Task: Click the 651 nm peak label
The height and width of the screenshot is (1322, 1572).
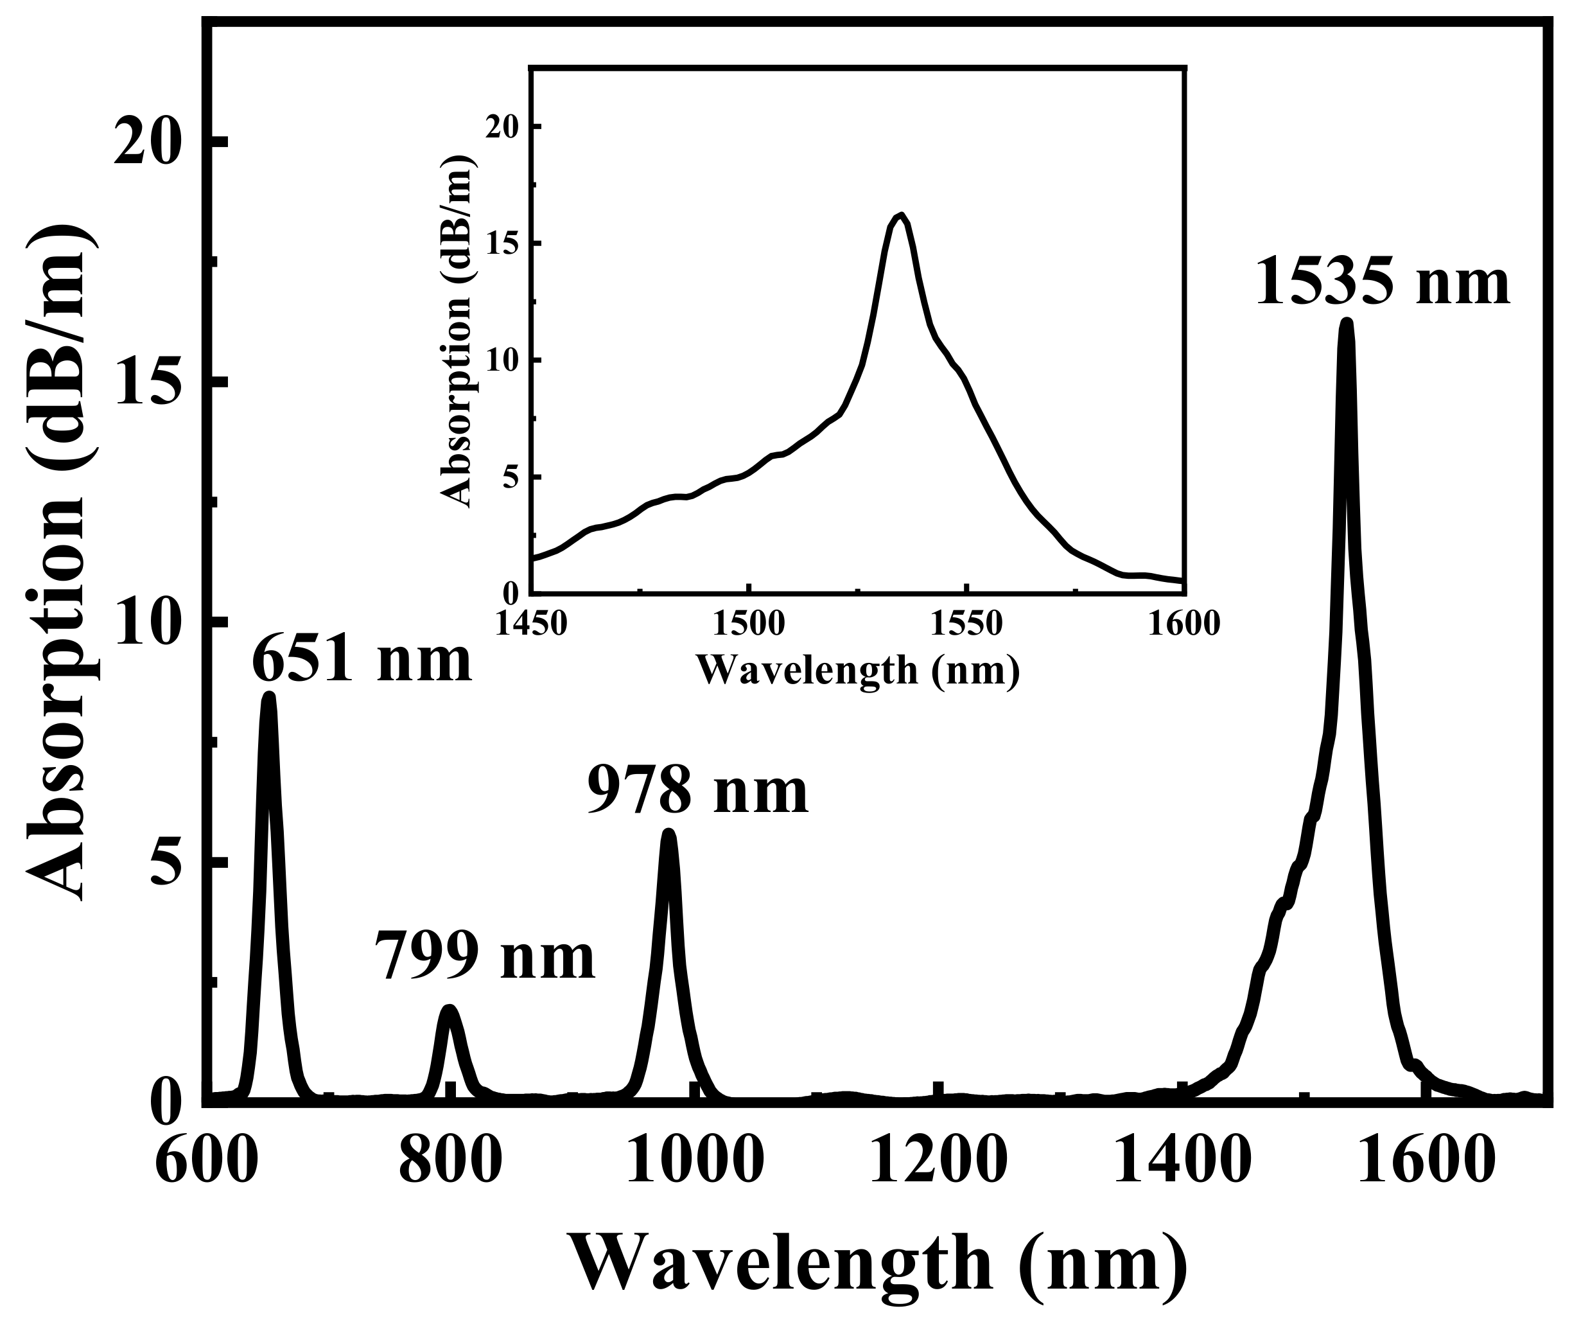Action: point(362,660)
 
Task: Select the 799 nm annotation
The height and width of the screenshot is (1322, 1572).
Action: point(485,957)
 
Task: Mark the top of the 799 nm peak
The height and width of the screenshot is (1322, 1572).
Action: point(449,1010)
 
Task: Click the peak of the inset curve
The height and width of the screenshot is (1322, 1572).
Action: point(901,215)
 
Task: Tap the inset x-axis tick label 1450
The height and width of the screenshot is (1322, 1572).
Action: point(531,624)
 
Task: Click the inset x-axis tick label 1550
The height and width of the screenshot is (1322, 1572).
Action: point(966,624)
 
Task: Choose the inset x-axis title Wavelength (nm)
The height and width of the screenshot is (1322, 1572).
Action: point(858,669)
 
